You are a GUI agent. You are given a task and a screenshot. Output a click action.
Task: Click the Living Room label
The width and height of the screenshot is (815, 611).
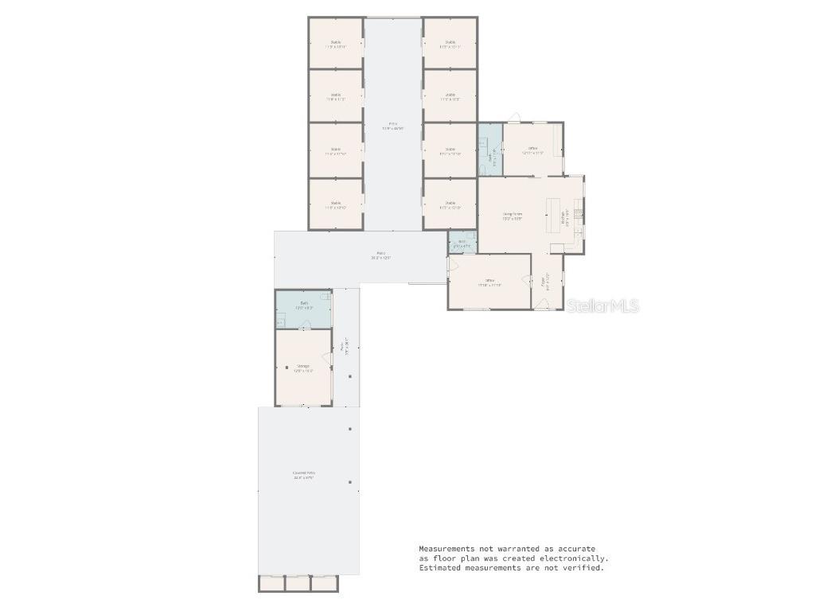pyautogui.click(x=512, y=215)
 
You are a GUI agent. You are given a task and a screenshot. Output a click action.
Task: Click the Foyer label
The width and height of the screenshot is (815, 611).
pyautogui.click(x=544, y=281)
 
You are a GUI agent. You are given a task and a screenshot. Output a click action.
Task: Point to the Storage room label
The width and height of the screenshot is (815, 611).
pyautogui.click(x=302, y=368)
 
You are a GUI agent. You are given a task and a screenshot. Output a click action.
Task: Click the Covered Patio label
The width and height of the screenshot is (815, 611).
pyautogui.click(x=302, y=475)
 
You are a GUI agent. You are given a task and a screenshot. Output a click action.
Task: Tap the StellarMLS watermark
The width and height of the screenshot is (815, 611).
pyautogui.click(x=602, y=305)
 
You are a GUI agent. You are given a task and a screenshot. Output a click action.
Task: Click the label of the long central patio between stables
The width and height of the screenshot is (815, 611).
pyautogui.click(x=392, y=125)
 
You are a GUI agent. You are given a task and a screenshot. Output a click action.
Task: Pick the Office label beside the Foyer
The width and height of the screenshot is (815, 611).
pyautogui.click(x=490, y=282)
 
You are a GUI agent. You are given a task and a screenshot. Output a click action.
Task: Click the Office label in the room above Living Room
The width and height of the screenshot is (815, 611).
pyautogui.click(x=532, y=150)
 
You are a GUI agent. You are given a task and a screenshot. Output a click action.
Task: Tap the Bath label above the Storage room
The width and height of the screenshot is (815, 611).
pyautogui.click(x=303, y=305)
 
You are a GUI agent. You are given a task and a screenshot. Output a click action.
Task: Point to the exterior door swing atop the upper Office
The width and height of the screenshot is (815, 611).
pyautogui.click(x=514, y=118)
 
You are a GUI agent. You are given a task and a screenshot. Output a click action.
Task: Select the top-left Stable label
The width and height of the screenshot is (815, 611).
pyautogui.click(x=335, y=44)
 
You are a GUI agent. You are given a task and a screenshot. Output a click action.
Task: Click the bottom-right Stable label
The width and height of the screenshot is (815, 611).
pyautogui.click(x=450, y=204)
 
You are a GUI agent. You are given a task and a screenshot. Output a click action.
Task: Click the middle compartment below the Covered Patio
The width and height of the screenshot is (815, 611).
pyautogui.click(x=298, y=584)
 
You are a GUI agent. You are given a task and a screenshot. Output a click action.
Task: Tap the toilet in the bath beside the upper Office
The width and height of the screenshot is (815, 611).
pyautogui.click(x=482, y=169)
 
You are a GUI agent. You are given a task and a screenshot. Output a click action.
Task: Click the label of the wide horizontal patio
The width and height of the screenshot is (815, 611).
pyautogui.click(x=380, y=256)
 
